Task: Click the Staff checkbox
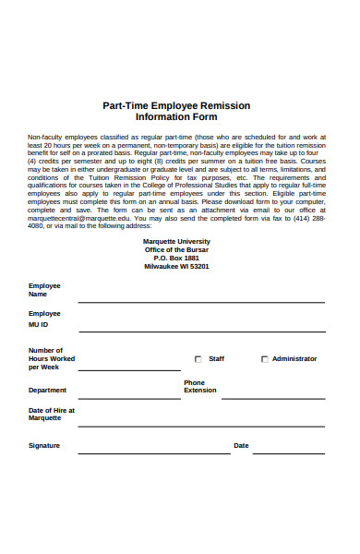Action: (x=198, y=359)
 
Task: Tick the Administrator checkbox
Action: (x=265, y=359)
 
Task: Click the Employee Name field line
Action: (x=200, y=301)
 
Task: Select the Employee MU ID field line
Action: (x=200, y=331)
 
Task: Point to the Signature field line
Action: (x=153, y=452)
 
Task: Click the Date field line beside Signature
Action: (x=288, y=452)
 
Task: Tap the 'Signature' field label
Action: (x=44, y=445)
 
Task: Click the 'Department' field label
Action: (x=48, y=390)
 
